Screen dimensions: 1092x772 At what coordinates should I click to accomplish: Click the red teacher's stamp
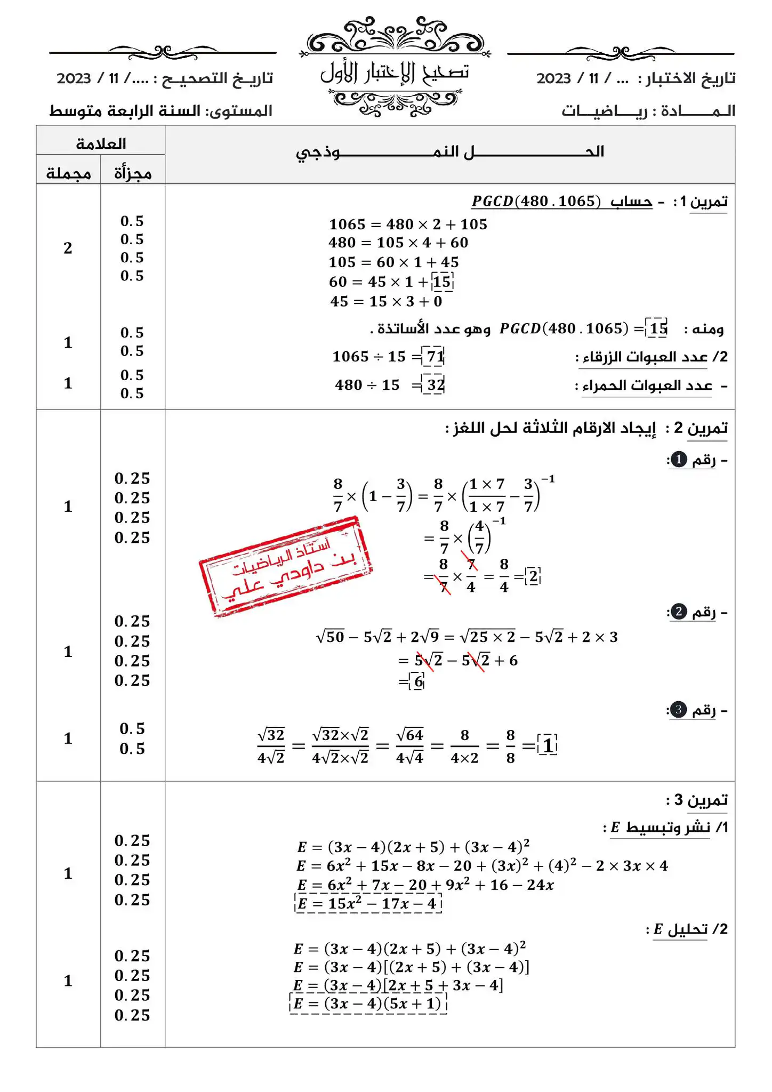(x=285, y=567)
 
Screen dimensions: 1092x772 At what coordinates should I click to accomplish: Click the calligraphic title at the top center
(x=395, y=73)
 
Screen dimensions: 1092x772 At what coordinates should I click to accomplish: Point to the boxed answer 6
(x=419, y=681)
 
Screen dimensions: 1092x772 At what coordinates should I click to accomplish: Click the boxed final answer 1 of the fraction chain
(x=548, y=745)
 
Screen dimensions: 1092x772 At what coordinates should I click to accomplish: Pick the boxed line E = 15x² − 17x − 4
(x=368, y=903)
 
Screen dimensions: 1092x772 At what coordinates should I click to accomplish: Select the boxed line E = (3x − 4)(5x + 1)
(x=368, y=1003)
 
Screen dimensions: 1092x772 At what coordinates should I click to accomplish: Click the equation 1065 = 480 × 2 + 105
(x=408, y=224)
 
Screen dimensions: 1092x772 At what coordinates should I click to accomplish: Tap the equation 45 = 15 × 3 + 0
(x=386, y=301)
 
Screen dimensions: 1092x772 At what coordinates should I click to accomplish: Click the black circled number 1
(x=678, y=460)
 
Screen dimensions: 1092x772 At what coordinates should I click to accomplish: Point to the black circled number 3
(x=678, y=710)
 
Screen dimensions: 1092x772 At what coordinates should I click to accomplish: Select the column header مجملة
(x=68, y=174)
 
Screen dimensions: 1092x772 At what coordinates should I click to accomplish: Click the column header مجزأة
(x=133, y=174)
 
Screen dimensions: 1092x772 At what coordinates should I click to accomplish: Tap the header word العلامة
(x=101, y=143)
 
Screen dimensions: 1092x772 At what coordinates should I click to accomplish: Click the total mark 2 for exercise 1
(x=68, y=248)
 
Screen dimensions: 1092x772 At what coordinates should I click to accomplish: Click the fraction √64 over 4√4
(x=409, y=746)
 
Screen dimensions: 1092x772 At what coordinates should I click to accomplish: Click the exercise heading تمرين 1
(x=708, y=202)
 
